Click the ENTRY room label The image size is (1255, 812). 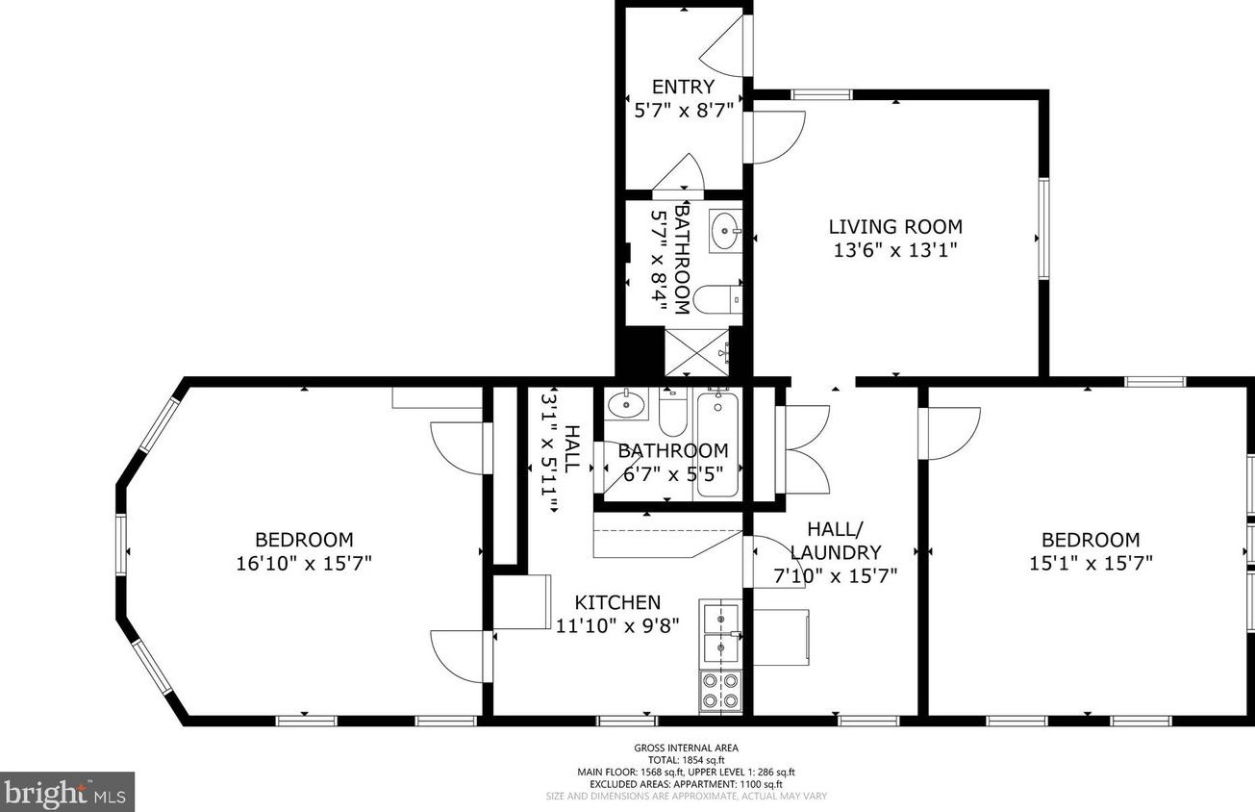point(684,87)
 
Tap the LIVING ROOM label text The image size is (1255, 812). point(895,227)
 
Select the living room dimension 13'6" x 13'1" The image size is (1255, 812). point(895,250)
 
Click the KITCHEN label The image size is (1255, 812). point(617,602)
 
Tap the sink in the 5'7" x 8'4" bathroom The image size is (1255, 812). point(725,231)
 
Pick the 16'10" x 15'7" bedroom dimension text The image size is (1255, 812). point(304,563)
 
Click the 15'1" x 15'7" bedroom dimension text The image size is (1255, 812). point(1091,563)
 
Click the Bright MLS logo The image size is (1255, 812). point(67,792)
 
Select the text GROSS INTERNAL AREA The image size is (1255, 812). point(686,748)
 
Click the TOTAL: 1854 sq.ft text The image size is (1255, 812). point(686,759)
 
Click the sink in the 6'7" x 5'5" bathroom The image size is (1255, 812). point(626,402)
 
